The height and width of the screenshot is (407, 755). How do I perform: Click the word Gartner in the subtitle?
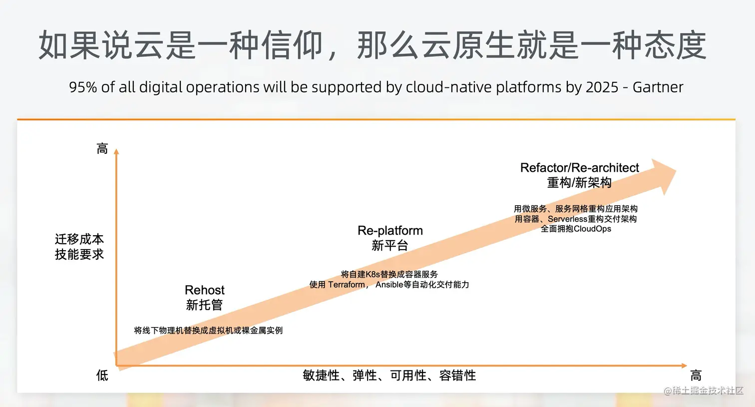(658, 87)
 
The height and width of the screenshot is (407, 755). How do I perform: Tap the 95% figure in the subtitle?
(83, 87)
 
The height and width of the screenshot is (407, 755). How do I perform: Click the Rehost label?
(205, 290)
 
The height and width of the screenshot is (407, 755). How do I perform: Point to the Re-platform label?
(390, 231)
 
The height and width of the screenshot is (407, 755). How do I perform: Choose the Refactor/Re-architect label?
(579, 168)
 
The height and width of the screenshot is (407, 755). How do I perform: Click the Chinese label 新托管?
(204, 305)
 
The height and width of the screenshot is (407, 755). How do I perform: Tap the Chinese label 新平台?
(390, 246)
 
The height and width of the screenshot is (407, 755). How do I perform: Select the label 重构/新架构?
(579, 183)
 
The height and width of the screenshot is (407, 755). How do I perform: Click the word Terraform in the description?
(347, 285)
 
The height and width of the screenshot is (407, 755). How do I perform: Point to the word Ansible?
(389, 285)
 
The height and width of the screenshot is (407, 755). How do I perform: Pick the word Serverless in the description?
(567, 219)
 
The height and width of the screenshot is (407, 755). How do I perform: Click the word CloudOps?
(593, 229)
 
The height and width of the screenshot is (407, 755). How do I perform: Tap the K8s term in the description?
(373, 274)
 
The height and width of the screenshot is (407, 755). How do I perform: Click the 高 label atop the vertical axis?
(102, 149)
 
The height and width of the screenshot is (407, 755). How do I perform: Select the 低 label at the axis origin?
(102, 376)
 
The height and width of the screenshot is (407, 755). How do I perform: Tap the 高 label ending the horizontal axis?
(696, 376)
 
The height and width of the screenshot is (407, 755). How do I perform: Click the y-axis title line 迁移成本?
(79, 239)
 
